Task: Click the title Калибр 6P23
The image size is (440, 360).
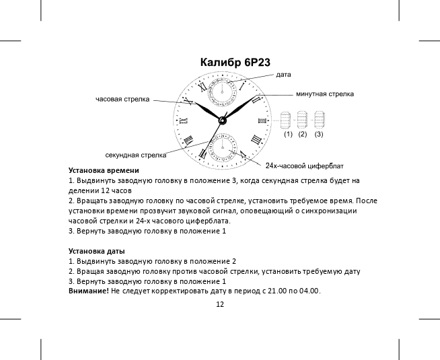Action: [x=235, y=63]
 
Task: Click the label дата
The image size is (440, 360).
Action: [x=283, y=73]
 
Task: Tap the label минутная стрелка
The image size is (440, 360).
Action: [x=324, y=94]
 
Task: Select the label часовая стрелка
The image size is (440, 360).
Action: [x=122, y=99]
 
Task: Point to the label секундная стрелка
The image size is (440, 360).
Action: [x=136, y=155]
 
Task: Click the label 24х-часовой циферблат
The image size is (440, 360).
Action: [x=305, y=166]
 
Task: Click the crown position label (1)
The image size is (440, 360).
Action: [x=287, y=135]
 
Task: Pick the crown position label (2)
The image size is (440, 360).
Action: [x=302, y=135]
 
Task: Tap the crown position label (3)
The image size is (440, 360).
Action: [x=318, y=135]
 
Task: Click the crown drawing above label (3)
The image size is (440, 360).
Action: [x=319, y=120]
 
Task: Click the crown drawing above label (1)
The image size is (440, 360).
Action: [x=285, y=120]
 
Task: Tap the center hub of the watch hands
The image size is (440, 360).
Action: [x=221, y=120]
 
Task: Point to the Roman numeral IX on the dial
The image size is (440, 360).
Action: [x=182, y=120]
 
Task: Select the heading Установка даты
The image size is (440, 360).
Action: [x=92, y=251]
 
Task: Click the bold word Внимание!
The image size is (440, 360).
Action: [x=89, y=291]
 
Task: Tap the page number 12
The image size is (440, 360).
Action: [x=220, y=304]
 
